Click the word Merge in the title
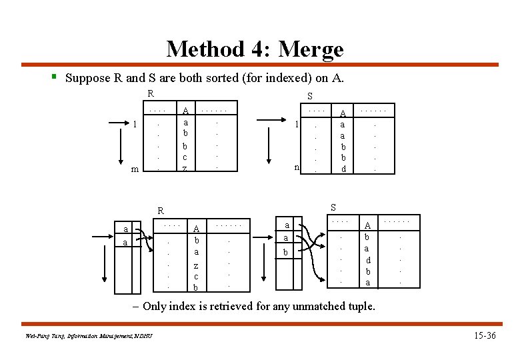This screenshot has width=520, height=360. pyautogui.click(x=311, y=49)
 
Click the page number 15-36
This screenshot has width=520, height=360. pyautogui.click(x=482, y=335)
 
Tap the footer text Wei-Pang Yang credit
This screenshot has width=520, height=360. pyautogui.click(x=85, y=335)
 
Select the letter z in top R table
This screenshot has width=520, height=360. pyautogui.click(x=185, y=169)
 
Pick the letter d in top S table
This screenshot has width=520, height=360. pyautogui.click(x=343, y=169)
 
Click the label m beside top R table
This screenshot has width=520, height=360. pyautogui.click(x=135, y=169)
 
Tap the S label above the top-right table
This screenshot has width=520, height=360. pyautogui.click(x=310, y=96)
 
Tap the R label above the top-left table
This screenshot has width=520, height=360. pyautogui.click(x=151, y=93)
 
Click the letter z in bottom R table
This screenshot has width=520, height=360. pyautogui.click(x=195, y=265)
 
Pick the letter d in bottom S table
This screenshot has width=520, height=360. pyautogui.click(x=368, y=259)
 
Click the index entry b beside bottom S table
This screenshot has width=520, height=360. pyautogui.click(x=285, y=253)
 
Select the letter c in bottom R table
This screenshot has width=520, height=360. pyautogui.click(x=195, y=276)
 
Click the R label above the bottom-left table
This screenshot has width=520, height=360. pyautogui.click(x=161, y=211)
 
